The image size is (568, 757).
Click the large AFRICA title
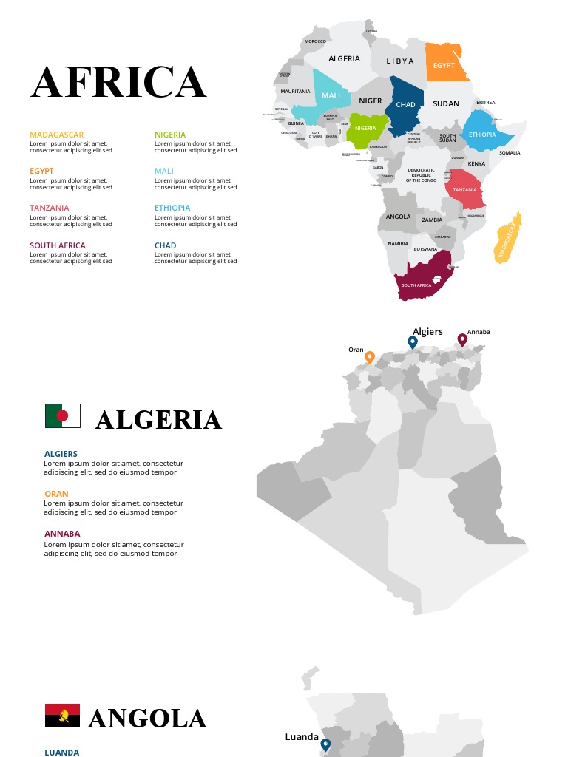(118, 82)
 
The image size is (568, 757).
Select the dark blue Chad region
(407, 107)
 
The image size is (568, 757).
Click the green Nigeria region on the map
(366, 129)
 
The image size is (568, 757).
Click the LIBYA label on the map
(400, 61)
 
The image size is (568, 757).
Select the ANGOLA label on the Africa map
(398, 217)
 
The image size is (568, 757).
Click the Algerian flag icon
(63, 415)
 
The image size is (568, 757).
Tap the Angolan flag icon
(63, 716)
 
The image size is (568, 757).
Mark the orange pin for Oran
(370, 358)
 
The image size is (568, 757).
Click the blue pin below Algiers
(413, 342)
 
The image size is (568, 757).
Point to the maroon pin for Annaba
(462, 339)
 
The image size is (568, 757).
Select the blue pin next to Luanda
(325, 744)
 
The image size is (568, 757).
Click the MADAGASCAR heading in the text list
(57, 135)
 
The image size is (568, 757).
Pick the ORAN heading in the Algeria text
(56, 494)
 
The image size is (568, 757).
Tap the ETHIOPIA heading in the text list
(172, 208)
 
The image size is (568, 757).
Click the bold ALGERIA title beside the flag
(158, 420)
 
